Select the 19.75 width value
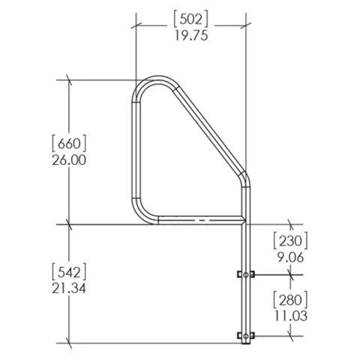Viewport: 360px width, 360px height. (192, 34)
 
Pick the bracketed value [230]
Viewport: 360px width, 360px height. (290, 239)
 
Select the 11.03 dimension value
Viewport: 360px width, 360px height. (290, 316)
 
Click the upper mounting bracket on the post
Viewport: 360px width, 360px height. (245, 275)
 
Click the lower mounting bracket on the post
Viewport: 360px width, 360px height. (245, 334)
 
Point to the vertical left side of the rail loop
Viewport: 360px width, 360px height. (136, 150)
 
